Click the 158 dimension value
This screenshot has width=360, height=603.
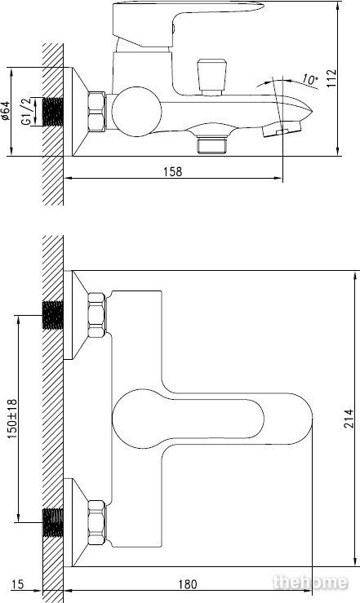(173, 171)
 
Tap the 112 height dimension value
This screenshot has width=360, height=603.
(331, 78)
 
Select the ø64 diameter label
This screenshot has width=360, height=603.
(6, 111)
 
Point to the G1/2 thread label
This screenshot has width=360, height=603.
(26, 112)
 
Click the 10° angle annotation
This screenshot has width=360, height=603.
(309, 80)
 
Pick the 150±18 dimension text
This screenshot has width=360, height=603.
(12, 419)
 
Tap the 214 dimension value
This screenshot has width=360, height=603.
(348, 419)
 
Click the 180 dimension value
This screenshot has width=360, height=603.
(188, 584)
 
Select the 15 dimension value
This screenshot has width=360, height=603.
(17, 584)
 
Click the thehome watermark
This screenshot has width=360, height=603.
(310, 583)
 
